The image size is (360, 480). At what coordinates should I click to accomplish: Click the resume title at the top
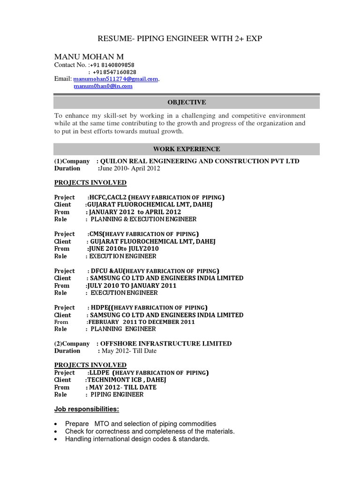[x=180, y=38]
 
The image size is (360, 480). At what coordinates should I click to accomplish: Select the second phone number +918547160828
[x=114, y=72]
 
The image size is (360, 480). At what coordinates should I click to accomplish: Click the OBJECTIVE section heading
[x=187, y=102]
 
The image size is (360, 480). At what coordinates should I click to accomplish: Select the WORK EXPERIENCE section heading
[x=187, y=149]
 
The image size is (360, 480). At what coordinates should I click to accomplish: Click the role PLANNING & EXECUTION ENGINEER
[x=143, y=219]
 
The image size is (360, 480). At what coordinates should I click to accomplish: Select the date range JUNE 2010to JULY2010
[x=123, y=248]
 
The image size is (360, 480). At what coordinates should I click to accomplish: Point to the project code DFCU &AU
[x=105, y=271]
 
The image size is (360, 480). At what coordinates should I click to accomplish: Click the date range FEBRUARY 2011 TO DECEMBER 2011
[x=141, y=322]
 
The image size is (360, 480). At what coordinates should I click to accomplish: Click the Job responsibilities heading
[x=87, y=409]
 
